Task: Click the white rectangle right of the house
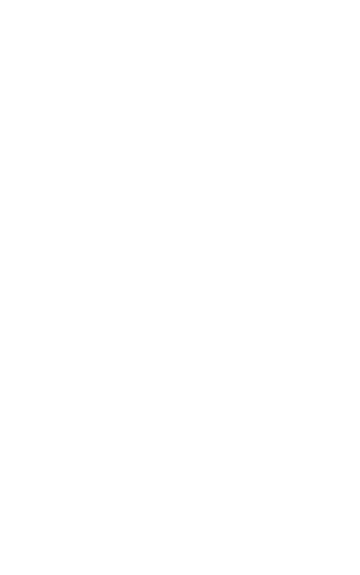point(287,162)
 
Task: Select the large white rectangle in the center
point(147,156)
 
